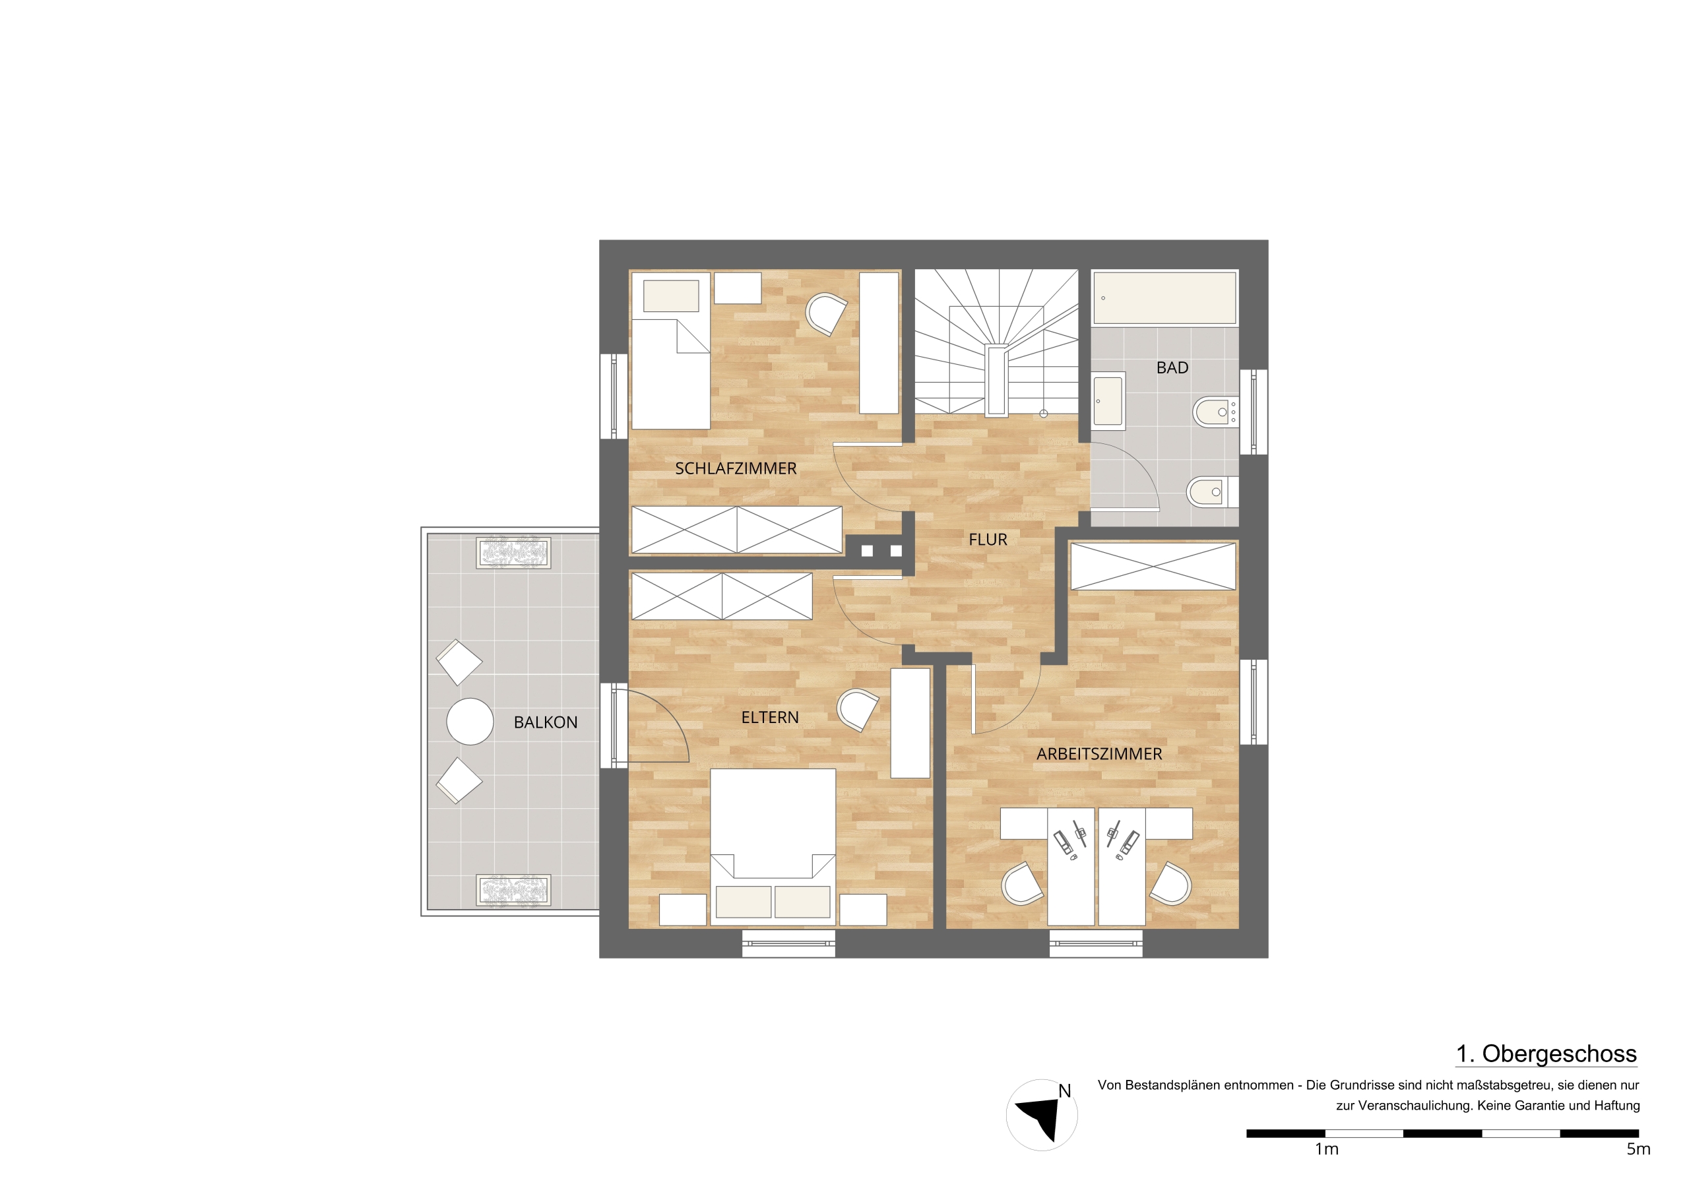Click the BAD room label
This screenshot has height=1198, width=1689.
(1172, 367)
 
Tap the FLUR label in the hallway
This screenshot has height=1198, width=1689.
(988, 539)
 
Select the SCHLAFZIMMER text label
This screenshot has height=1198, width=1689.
(736, 468)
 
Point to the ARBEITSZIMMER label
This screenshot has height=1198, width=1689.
(1099, 754)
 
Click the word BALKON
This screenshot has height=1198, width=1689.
(545, 722)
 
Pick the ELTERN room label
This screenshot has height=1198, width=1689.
(769, 717)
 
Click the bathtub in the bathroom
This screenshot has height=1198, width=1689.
(1164, 298)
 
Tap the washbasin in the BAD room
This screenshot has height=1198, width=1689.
(1108, 400)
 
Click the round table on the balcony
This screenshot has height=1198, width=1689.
(470, 721)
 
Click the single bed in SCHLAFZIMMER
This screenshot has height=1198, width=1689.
(670, 350)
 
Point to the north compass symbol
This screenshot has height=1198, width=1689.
(1041, 1115)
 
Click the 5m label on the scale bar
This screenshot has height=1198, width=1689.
(1638, 1149)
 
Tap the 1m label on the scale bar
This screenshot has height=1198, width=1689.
(1326, 1149)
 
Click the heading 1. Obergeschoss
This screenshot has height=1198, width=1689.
(1546, 1054)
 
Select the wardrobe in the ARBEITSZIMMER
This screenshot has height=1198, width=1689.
(1153, 567)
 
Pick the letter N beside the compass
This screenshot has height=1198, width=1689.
(1064, 1090)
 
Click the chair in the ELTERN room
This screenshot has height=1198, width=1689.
(857, 710)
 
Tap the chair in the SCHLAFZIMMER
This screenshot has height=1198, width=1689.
(826, 314)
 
